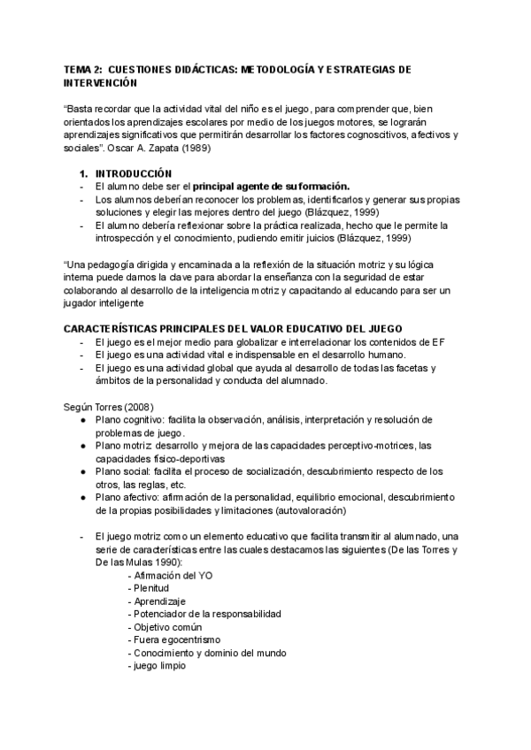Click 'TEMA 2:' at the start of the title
click(83, 69)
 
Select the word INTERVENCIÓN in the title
click(100, 81)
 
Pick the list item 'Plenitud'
click(151, 588)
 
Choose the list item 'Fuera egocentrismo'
click(177, 639)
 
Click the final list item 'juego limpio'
click(159, 665)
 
